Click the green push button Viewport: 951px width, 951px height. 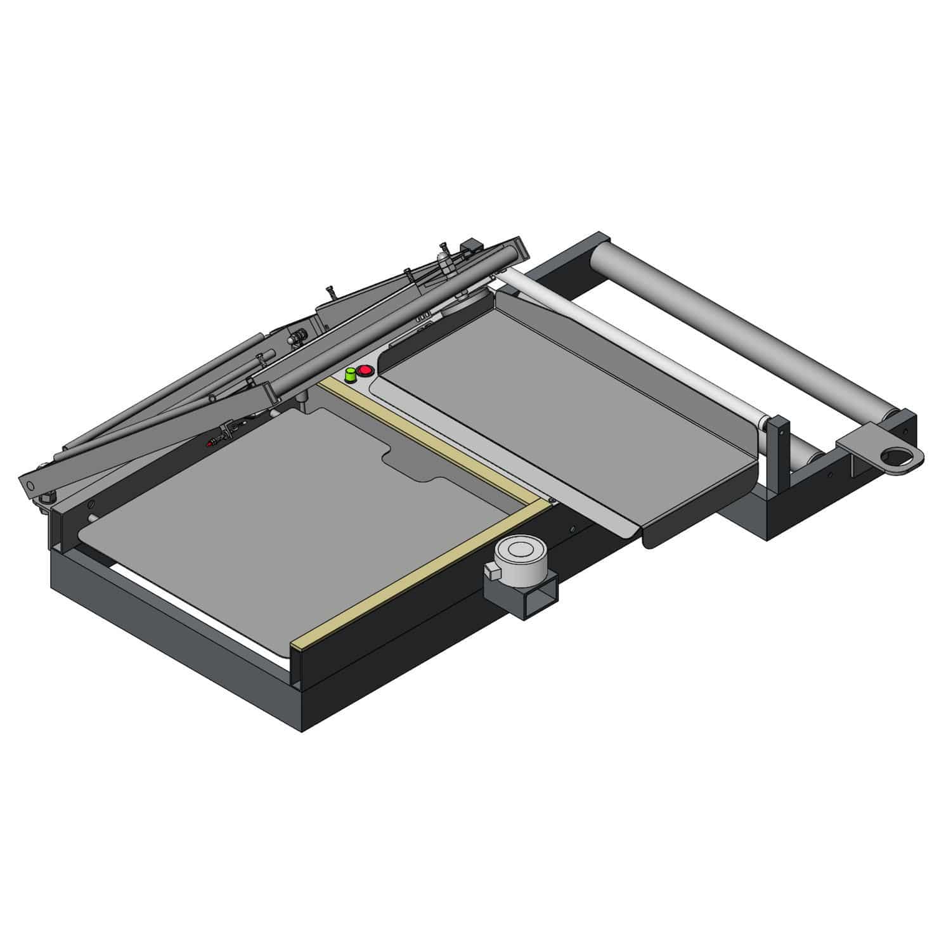pyautogui.click(x=349, y=375)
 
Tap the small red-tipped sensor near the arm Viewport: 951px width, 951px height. pyautogui.click(x=211, y=444)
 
